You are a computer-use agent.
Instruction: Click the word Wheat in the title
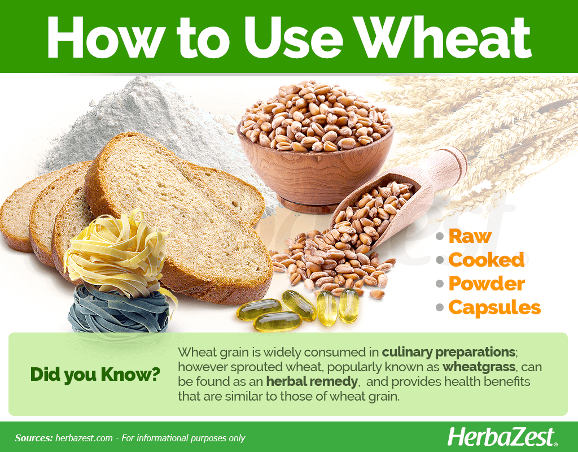point(445,38)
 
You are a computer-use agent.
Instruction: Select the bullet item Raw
point(470,236)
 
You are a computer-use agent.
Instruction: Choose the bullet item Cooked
point(486,260)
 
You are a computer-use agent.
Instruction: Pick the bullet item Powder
point(487,284)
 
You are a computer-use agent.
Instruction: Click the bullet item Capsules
point(494,307)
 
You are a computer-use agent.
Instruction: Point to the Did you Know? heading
point(95,375)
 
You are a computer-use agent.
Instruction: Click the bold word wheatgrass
point(479,367)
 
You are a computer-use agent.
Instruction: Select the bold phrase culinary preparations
point(448,353)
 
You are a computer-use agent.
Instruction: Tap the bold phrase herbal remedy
point(312,381)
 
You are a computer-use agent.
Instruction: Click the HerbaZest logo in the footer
point(502,438)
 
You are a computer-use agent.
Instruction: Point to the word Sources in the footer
point(34,438)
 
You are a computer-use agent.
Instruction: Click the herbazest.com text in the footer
point(84,438)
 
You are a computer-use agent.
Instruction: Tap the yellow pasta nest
point(116,253)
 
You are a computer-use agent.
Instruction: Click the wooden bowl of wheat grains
point(316,147)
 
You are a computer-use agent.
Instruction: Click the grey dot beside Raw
point(439,236)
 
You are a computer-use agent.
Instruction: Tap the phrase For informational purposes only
point(183,438)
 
